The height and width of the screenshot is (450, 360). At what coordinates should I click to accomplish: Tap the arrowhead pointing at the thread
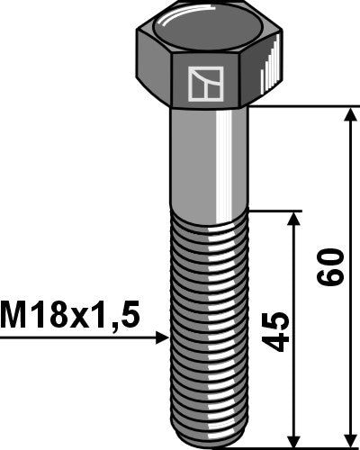point(162,338)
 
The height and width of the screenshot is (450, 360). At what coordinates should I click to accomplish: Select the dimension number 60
point(333,268)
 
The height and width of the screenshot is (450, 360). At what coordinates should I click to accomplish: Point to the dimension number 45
point(280,332)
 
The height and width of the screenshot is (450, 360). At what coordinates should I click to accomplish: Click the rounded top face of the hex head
point(207,28)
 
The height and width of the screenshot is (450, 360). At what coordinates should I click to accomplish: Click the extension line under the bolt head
point(306,106)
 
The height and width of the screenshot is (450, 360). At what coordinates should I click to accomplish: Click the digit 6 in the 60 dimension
point(333,278)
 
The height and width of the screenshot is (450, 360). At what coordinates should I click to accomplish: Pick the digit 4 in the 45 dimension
point(280,342)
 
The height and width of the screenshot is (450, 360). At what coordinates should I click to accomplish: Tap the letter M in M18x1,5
point(14,316)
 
